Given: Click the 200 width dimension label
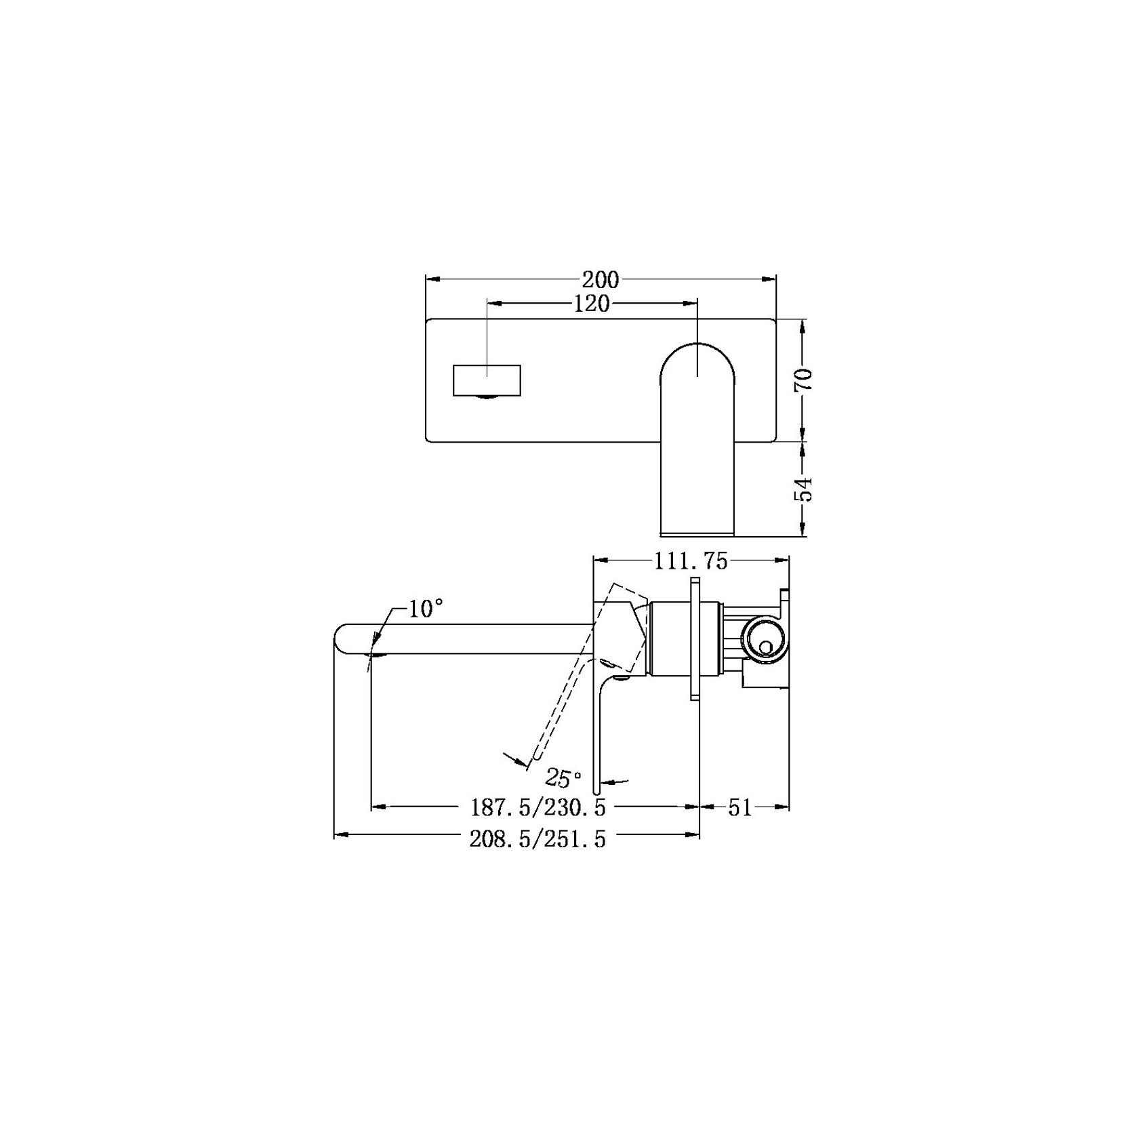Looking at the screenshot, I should (600, 279).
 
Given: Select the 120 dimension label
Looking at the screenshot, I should (592, 304).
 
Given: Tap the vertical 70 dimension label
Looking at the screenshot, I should (804, 380).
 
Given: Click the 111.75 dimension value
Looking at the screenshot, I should (690, 561).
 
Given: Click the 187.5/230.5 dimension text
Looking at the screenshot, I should (537, 807).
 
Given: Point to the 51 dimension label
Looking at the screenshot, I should (740, 807).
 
